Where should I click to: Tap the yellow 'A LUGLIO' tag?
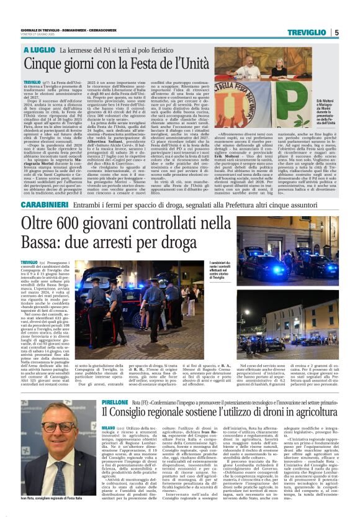(x=39, y=49)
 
